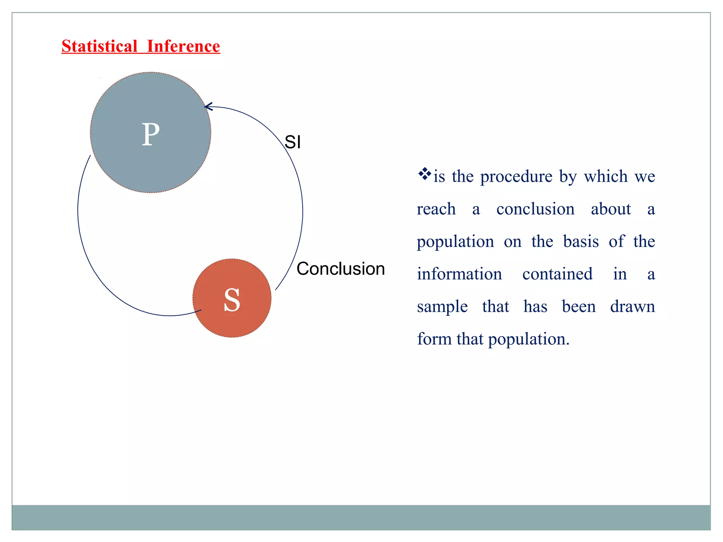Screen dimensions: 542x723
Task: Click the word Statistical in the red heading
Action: click(99, 46)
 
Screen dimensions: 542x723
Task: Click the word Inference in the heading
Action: click(183, 46)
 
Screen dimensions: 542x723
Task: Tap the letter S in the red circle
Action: click(232, 300)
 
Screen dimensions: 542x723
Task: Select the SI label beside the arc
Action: click(293, 142)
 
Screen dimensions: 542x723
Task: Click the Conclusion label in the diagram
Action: click(341, 269)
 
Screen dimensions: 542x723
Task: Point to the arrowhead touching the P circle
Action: click(208, 106)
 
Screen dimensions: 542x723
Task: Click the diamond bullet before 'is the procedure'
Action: click(424, 174)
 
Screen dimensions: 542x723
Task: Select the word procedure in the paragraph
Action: click(516, 176)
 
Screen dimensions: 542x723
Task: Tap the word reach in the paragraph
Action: click(436, 209)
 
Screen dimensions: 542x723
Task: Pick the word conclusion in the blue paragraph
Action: click(535, 209)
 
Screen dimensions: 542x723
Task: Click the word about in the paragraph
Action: click(611, 209)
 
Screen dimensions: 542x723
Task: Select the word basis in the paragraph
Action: click(581, 242)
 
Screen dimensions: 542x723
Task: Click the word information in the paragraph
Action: click(459, 274)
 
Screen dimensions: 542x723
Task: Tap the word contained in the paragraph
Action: click(557, 274)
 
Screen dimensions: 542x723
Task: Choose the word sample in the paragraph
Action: click(442, 307)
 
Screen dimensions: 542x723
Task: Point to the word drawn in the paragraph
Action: click(633, 307)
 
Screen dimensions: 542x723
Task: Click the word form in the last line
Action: click(434, 339)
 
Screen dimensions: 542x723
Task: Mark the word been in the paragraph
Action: click(579, 307)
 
